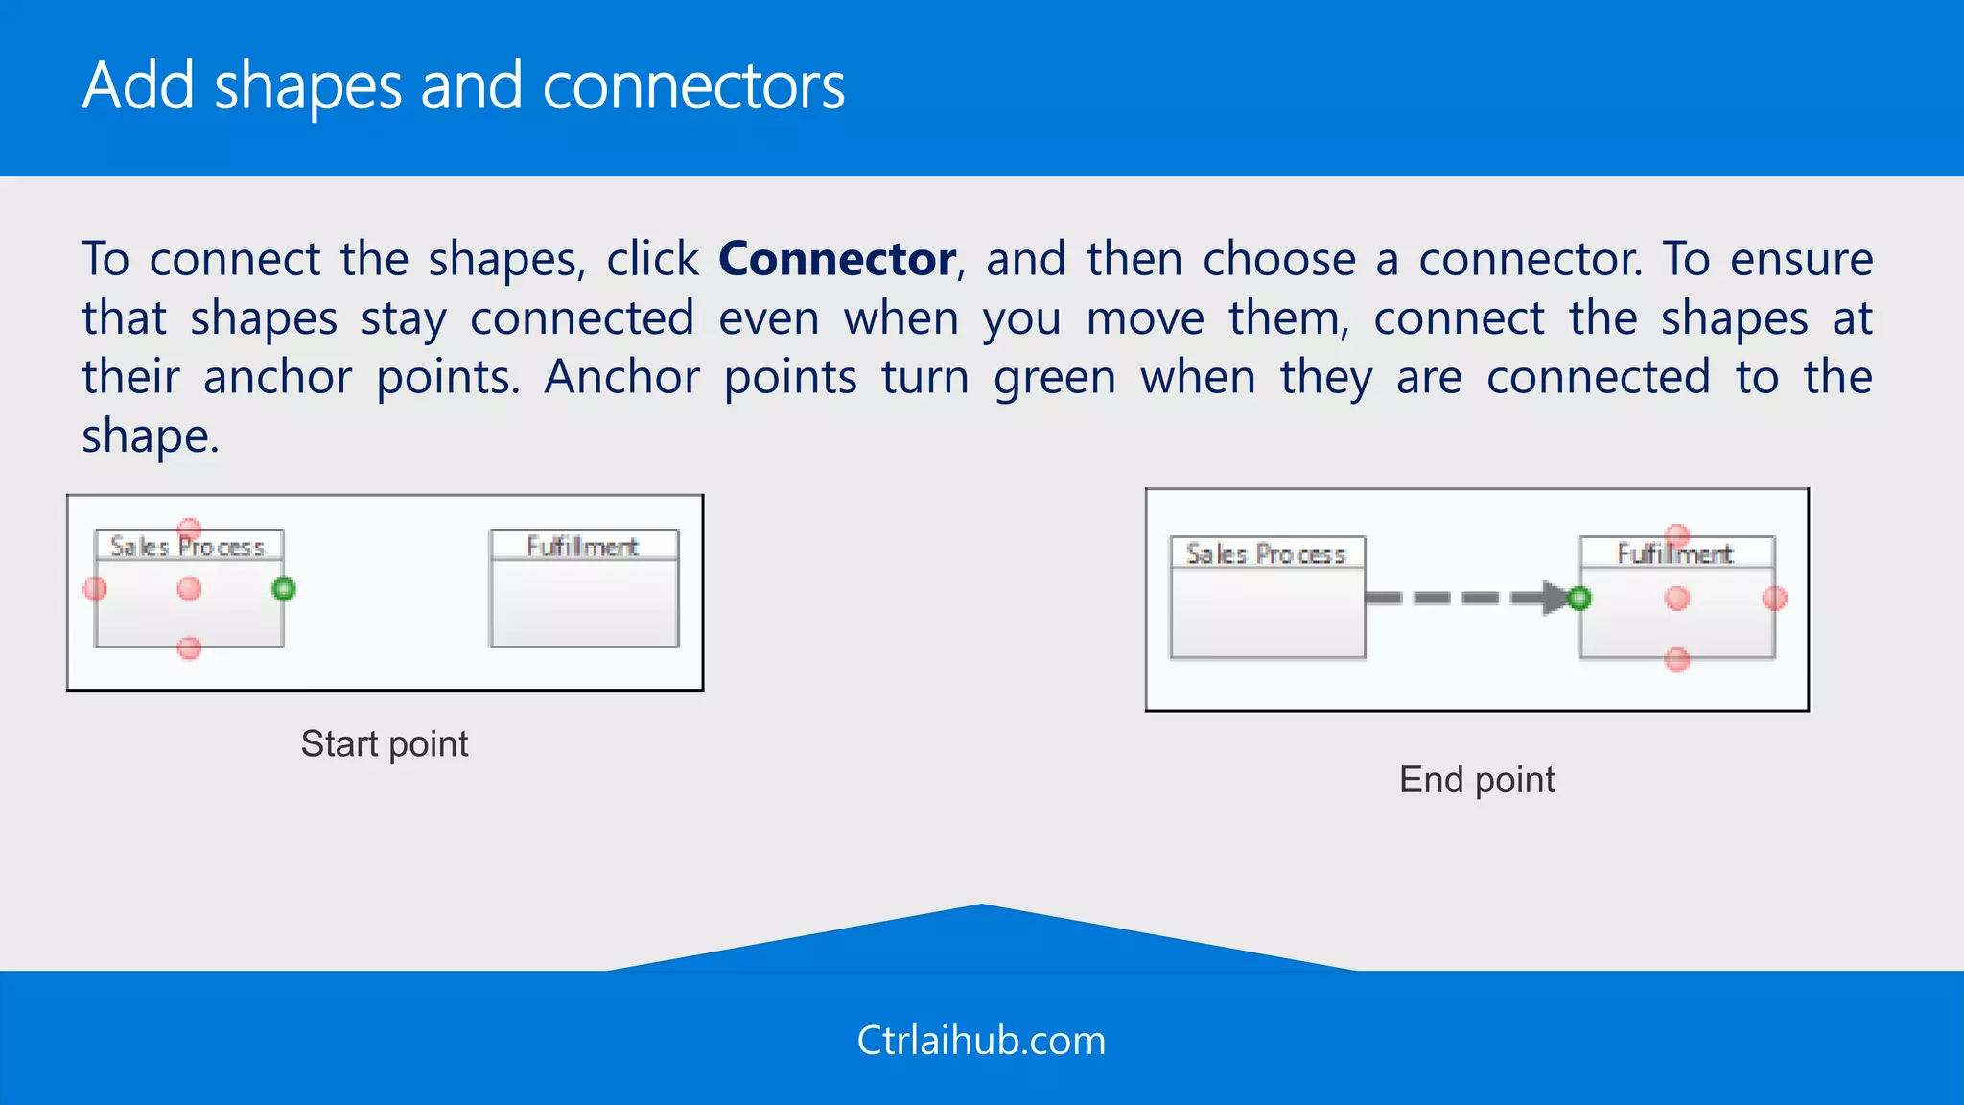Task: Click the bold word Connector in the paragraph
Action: pyautogui.click(x=836, y=259)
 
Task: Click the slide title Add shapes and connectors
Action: pyautogui.click(x=463, y=86)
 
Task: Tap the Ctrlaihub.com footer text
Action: pyautogui.click(x=981, y=1041)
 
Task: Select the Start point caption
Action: pyautogui.click(x=385, y=744)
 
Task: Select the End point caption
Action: pyautogui.click(x=1477, y=780)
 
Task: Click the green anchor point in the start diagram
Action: pyautogui.click(x=284, y=589)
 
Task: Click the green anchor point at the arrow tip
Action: pyautogui.click(x=1578, y=599)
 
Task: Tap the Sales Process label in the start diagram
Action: pyautogui.click(x=187, y=547)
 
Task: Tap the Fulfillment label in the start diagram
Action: pyautogui.click(x=583, y=547)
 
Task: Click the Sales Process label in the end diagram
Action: pyautogui.click(x=1266, y=553)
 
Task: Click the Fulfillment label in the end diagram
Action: pyautogui.click(x=1674, y=553)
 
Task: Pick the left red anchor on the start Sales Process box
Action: pyautogui.click(x=95, y=589)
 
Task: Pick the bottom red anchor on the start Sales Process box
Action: pyautogui.click(x=189, y=648)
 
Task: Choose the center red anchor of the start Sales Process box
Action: pyautogui.click(x=189, y=589)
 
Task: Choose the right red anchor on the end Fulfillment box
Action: pyautogui.click(x=1774, y=599)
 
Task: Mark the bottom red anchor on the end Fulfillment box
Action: pyautogui.click(x=1676, y=660)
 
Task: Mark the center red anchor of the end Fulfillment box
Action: pyautogui.click(x=1676, y=599)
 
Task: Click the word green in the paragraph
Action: pyautogui.click(x=1054, y=378)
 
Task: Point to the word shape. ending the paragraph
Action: pyautogui.click(x=150, y=437)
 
